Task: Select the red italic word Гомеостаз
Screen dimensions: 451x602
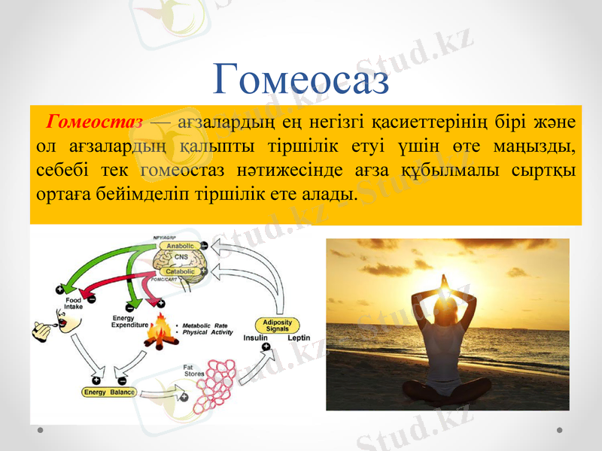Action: pyautogui.click(x=95, y=121)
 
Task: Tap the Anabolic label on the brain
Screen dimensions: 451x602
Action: pyautogui.click(x=181, y=246)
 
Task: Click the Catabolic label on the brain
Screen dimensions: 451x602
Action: pyautogui.click(x=181, y=271)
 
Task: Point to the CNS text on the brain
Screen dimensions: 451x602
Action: pyautogui.click(x=181, y=258)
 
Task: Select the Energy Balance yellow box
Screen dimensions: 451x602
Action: pyautogui.click(x=109, y=392)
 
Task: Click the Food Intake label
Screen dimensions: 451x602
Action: pyautogui.click(x=73, y=304)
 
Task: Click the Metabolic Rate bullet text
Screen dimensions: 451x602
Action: pyautogui.click(x=205, y=325)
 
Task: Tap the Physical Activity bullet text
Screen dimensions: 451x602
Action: pyautogui.click(x=206, y=332)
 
